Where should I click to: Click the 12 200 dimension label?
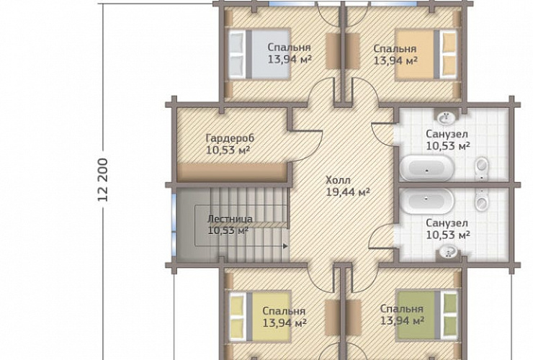coord(103,180)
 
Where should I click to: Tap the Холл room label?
coord(338,180)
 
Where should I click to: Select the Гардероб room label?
coord(230,138)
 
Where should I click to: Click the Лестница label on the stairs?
coord(230,219)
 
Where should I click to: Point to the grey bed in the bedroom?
coord(259,55)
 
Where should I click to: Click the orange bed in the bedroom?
coord(426,55)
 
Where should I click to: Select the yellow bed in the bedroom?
coord(260,316)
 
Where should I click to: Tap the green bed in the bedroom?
coord(427,315)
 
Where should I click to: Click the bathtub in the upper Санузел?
coord(426,168)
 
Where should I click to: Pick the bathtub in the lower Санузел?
coord(426,201)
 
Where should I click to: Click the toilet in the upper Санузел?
coord(481,169)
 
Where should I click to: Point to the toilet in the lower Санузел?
coord(481,200)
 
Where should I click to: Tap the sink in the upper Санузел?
coord(446,117)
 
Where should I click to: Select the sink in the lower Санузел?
coord(448,252)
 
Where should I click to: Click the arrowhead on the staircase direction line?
coord(285,246)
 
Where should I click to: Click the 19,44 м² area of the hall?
coord(348,192)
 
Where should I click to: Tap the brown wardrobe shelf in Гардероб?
coord(231,172)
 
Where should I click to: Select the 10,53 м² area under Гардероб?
coord(228,150)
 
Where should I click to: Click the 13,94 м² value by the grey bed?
coord(290,60)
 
